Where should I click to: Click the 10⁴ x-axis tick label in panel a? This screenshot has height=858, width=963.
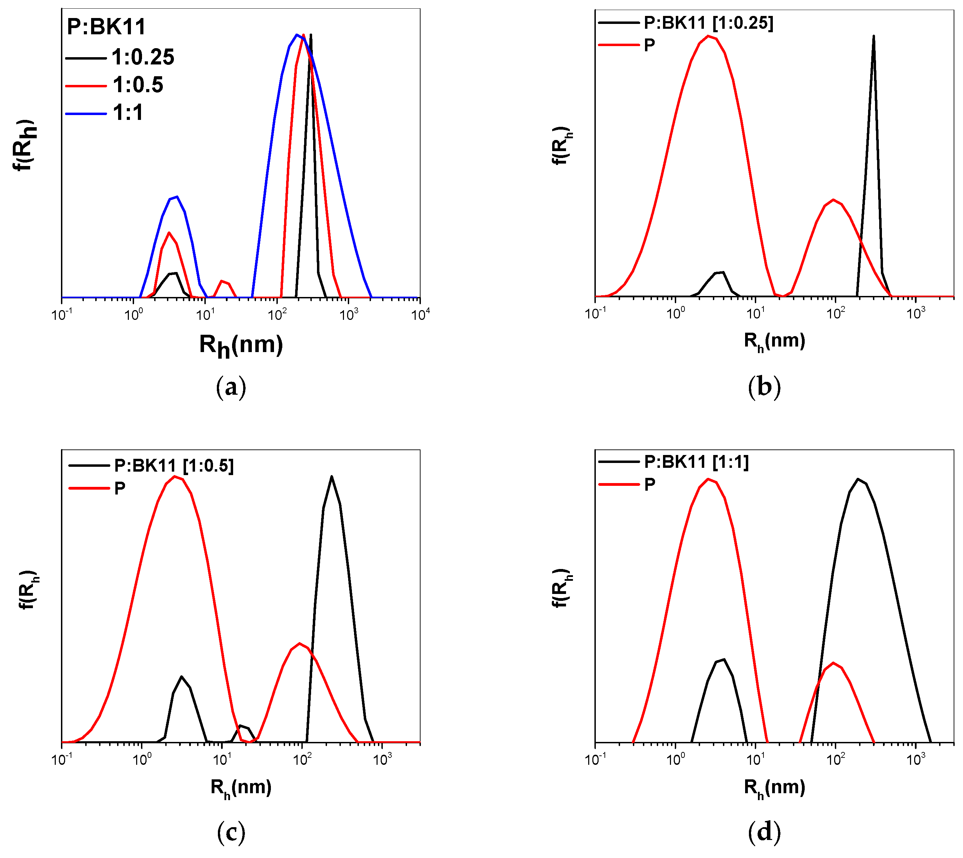point(420,314)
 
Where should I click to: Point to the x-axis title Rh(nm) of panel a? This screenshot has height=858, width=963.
point(241,345)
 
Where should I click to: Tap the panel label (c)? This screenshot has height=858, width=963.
point(231,833)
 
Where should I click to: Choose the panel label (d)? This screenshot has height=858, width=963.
point(764,833)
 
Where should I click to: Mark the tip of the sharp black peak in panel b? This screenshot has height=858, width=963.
point(874,36)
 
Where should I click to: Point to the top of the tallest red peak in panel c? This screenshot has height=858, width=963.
point(175,476)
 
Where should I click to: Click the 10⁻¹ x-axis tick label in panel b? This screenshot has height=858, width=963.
point(595,314)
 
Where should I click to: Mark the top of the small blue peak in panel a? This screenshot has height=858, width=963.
point(177,196)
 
